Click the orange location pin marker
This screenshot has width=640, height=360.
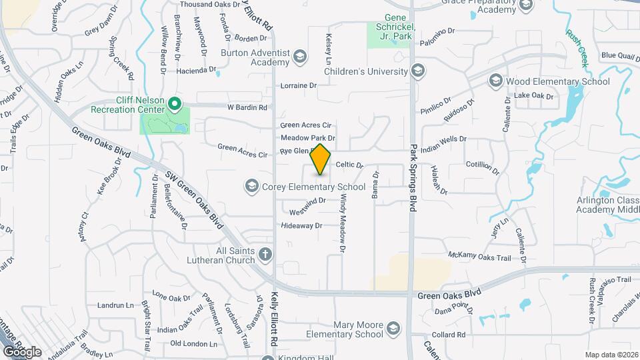click(321, 159)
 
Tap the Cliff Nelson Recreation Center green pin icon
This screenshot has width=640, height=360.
click(175, 103)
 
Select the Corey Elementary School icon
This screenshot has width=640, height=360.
click(252, 185)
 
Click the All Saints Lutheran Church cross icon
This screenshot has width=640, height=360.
click(265, 254)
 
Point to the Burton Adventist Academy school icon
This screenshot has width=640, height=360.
click(299, 57)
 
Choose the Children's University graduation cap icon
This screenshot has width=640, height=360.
click(418, 71)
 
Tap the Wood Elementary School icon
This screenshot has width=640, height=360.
click(495, 81)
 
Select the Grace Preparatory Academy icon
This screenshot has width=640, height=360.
click(526, 6)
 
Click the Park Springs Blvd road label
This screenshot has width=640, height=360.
click(413, 178)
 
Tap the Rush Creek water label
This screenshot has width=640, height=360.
click(577, 47)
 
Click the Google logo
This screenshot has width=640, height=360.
click(22, 351)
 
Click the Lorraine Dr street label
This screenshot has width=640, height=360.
click(298, 85)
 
